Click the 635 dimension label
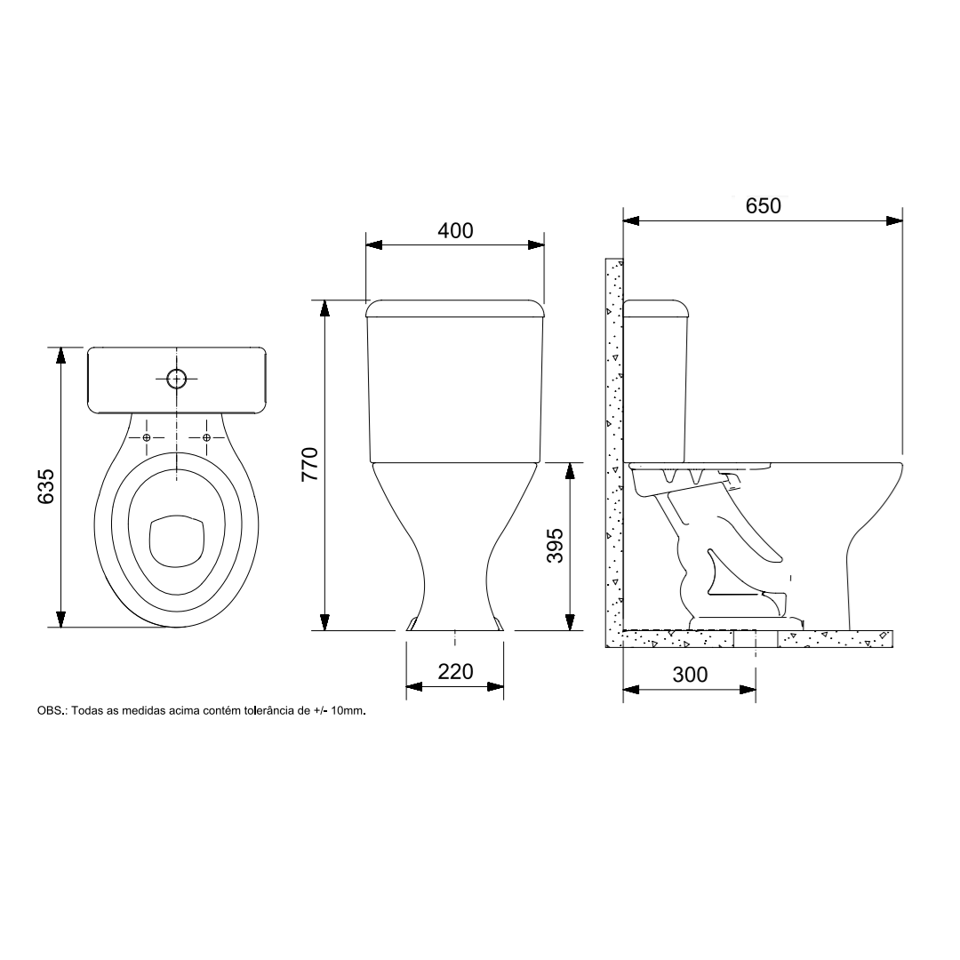46,487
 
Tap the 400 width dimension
455,231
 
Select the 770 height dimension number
310,463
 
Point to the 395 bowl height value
555,546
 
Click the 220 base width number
455,672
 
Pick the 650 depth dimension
764,206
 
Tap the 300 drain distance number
690,675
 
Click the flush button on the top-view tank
177,380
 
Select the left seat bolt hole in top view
147,437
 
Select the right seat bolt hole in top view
206,437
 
